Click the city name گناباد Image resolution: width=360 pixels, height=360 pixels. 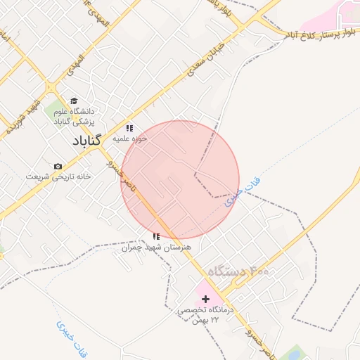pyautogui.click(x=86, y=141)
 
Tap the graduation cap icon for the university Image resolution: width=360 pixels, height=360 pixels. pyautogui.click(x=75, y=101)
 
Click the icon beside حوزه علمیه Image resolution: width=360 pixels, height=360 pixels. pyautogui.click(x=129, y=128)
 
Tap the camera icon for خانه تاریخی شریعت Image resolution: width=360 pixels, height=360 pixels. pyautogui.click(x=58, y=166)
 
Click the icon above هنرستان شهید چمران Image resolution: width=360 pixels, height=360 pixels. pyautogui.click(x=156, y=237)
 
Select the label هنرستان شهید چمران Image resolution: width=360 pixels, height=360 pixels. pyautogui.click(x=156, y=247)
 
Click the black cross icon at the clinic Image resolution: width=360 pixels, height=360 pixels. pyautogui.click(x=205, y=300)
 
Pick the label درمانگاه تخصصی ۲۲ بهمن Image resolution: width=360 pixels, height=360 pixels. pyautogui.click(x=205, y=314)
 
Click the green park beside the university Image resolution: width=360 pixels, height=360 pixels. pyautogui.click(x=55, y=110)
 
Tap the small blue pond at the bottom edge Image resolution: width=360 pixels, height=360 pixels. pyautogui.click(x=295, y=353)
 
